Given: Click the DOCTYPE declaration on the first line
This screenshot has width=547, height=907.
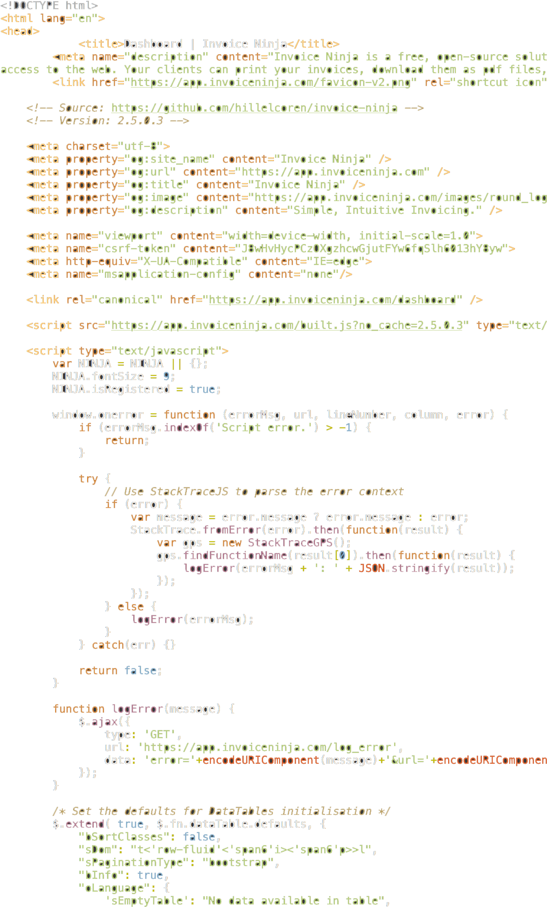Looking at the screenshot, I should tap(49, 6).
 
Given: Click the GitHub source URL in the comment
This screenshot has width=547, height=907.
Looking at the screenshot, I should tap(254, 108).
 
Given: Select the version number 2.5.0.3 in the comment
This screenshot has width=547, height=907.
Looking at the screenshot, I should tap(140, 121).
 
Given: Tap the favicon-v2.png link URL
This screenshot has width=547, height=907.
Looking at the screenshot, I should tap(271, 82).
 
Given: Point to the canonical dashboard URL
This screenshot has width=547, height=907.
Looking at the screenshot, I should tap(333, 300).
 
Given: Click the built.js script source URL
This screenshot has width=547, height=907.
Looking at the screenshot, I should tap(287, 325).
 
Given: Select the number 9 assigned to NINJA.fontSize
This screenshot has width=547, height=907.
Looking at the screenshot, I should tap(166, 376).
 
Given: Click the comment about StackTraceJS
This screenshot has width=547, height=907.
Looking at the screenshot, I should tap(254, 491).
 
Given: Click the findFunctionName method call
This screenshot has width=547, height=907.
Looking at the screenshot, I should tap(235, 555).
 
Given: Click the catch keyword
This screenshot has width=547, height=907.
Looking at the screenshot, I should tap(108, 645).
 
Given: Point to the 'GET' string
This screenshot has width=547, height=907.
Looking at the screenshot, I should tap(160, 734).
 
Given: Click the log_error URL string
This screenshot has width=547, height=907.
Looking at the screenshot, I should tap(267, 747).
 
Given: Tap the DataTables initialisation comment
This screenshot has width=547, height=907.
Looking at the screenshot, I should tap(221, 811).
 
